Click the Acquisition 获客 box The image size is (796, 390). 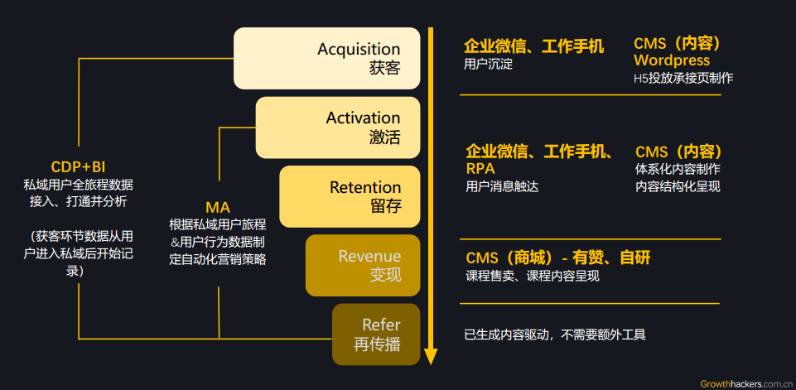[x=327, y=58]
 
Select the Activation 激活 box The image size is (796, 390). [x=338, y=128]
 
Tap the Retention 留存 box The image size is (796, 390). [x=350, y=196]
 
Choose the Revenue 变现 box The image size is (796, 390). [x=363, y=265]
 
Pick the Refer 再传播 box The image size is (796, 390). [x=377, y=335]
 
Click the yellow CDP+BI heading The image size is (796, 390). [x=78, y=166]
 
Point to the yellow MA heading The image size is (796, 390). [x=218, y=207]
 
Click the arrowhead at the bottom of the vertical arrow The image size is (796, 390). [x=431, y=357]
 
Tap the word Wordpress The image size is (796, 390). [x=672, y=60]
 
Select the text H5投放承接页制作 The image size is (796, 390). [x=683, y=78]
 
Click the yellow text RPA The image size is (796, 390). [x=480, y=169]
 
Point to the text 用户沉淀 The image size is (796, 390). [x=489, y=64]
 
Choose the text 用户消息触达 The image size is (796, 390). [x=502, y=186]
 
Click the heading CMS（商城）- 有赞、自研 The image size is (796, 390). [x=557, y=258]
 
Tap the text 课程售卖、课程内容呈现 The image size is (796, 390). [x=532, y=276]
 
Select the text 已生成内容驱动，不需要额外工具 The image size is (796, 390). [x=555, y=335]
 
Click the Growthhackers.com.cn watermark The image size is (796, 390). [x=746, y=383]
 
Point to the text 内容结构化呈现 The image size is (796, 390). [x=678, y=186]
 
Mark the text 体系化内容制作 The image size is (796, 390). [x=678, y=169]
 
